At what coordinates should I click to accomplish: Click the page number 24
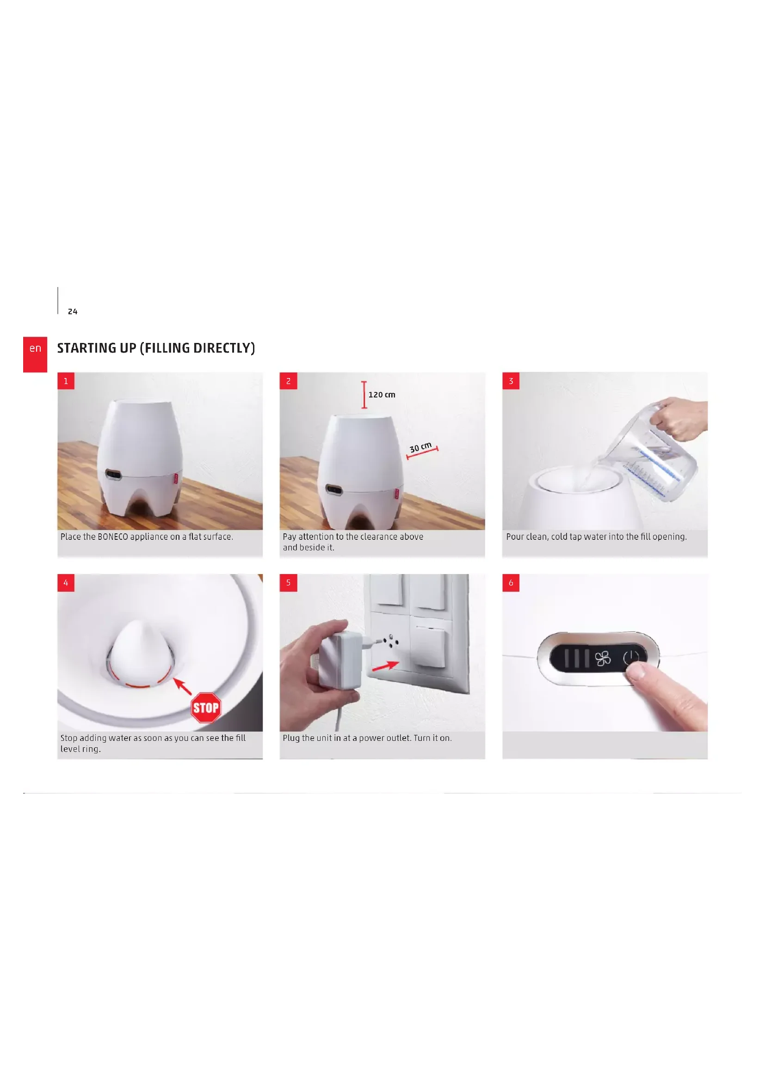[x=73, y=311]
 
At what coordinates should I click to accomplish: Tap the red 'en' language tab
[x=35, y=354]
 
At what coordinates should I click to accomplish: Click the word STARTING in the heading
[x=86, y=348]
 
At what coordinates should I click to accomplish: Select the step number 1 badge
[x=66, y=381]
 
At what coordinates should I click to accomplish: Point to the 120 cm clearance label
[x=382, y=395]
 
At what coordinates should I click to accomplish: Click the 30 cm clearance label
[x=420, y=447]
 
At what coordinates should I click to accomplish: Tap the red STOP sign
[x=206, y=708]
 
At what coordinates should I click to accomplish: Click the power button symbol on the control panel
[x=631, y=658]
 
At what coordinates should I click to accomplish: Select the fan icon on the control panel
[x=603, y=658]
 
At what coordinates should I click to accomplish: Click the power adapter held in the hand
[x=340, y=659]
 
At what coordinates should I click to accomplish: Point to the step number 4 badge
[x=66, y=582]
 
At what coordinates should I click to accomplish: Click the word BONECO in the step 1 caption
[x=113, y=537]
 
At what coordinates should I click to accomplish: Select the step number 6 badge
[x=511, y=582]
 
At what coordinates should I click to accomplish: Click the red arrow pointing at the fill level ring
[x=183, y=686]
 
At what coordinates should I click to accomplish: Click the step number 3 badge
[x=511, y=381]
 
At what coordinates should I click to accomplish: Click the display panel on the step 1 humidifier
[x=113, y=475]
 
